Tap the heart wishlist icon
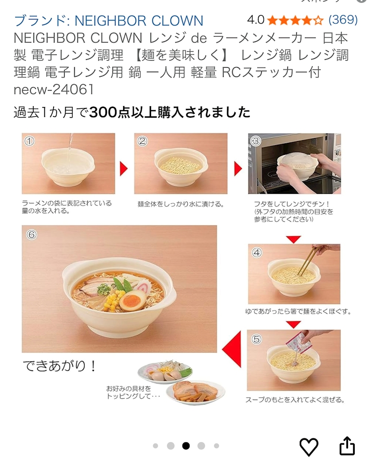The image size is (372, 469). pyautogui.click(x=309, y=447)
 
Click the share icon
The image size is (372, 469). pyautogui.click(x=347, y=446)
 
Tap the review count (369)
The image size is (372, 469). pyautogui.click(x=343, y=20)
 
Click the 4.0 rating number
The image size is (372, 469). pyautogui.click(x=256, y=20)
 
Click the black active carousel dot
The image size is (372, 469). pyautogui.click(x=186, y=446)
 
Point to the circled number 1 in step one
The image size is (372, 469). pyautogui.click(x=29, y=141)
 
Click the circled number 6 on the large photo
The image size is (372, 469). pyautogui.click(x=31, y=234)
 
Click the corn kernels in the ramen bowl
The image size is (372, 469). pyautogui.click(x=114, y=300)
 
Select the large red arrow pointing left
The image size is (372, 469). pyautogui.click(x=232, y=349)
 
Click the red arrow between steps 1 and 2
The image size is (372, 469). pyautogui.click(x=124, y=169)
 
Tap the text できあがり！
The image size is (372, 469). pyautogui.click(x=59, y=365)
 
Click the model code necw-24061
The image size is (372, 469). pyautogui.click(x=54, y=89)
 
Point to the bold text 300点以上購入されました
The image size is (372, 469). pyautogui.click(x=170, y=112)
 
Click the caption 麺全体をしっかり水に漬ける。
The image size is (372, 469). pyautogui.click(x=181, y=204)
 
